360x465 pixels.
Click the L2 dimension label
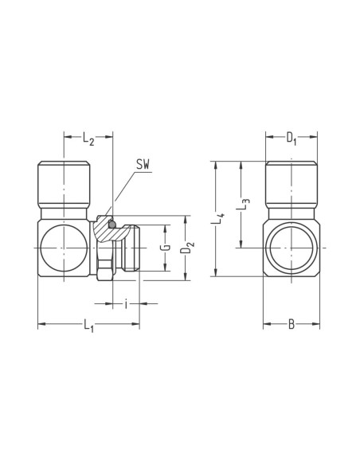pyautogui.click(x=88, y=139)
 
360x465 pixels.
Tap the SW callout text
pyautogui.click(x=143, y=164)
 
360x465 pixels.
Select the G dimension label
pyautogui.click(x=167, y=248)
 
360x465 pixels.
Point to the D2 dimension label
pyautogui.click(x=187, y=248)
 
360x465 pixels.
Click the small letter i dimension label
pyautogui.click(x=127, y=303)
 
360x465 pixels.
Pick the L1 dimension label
pyautogui.click(x=88, y=326)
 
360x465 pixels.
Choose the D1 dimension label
pyautogui.click(x=292, y=139)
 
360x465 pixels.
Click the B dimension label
pyautogui.click(x=292, y=324)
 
